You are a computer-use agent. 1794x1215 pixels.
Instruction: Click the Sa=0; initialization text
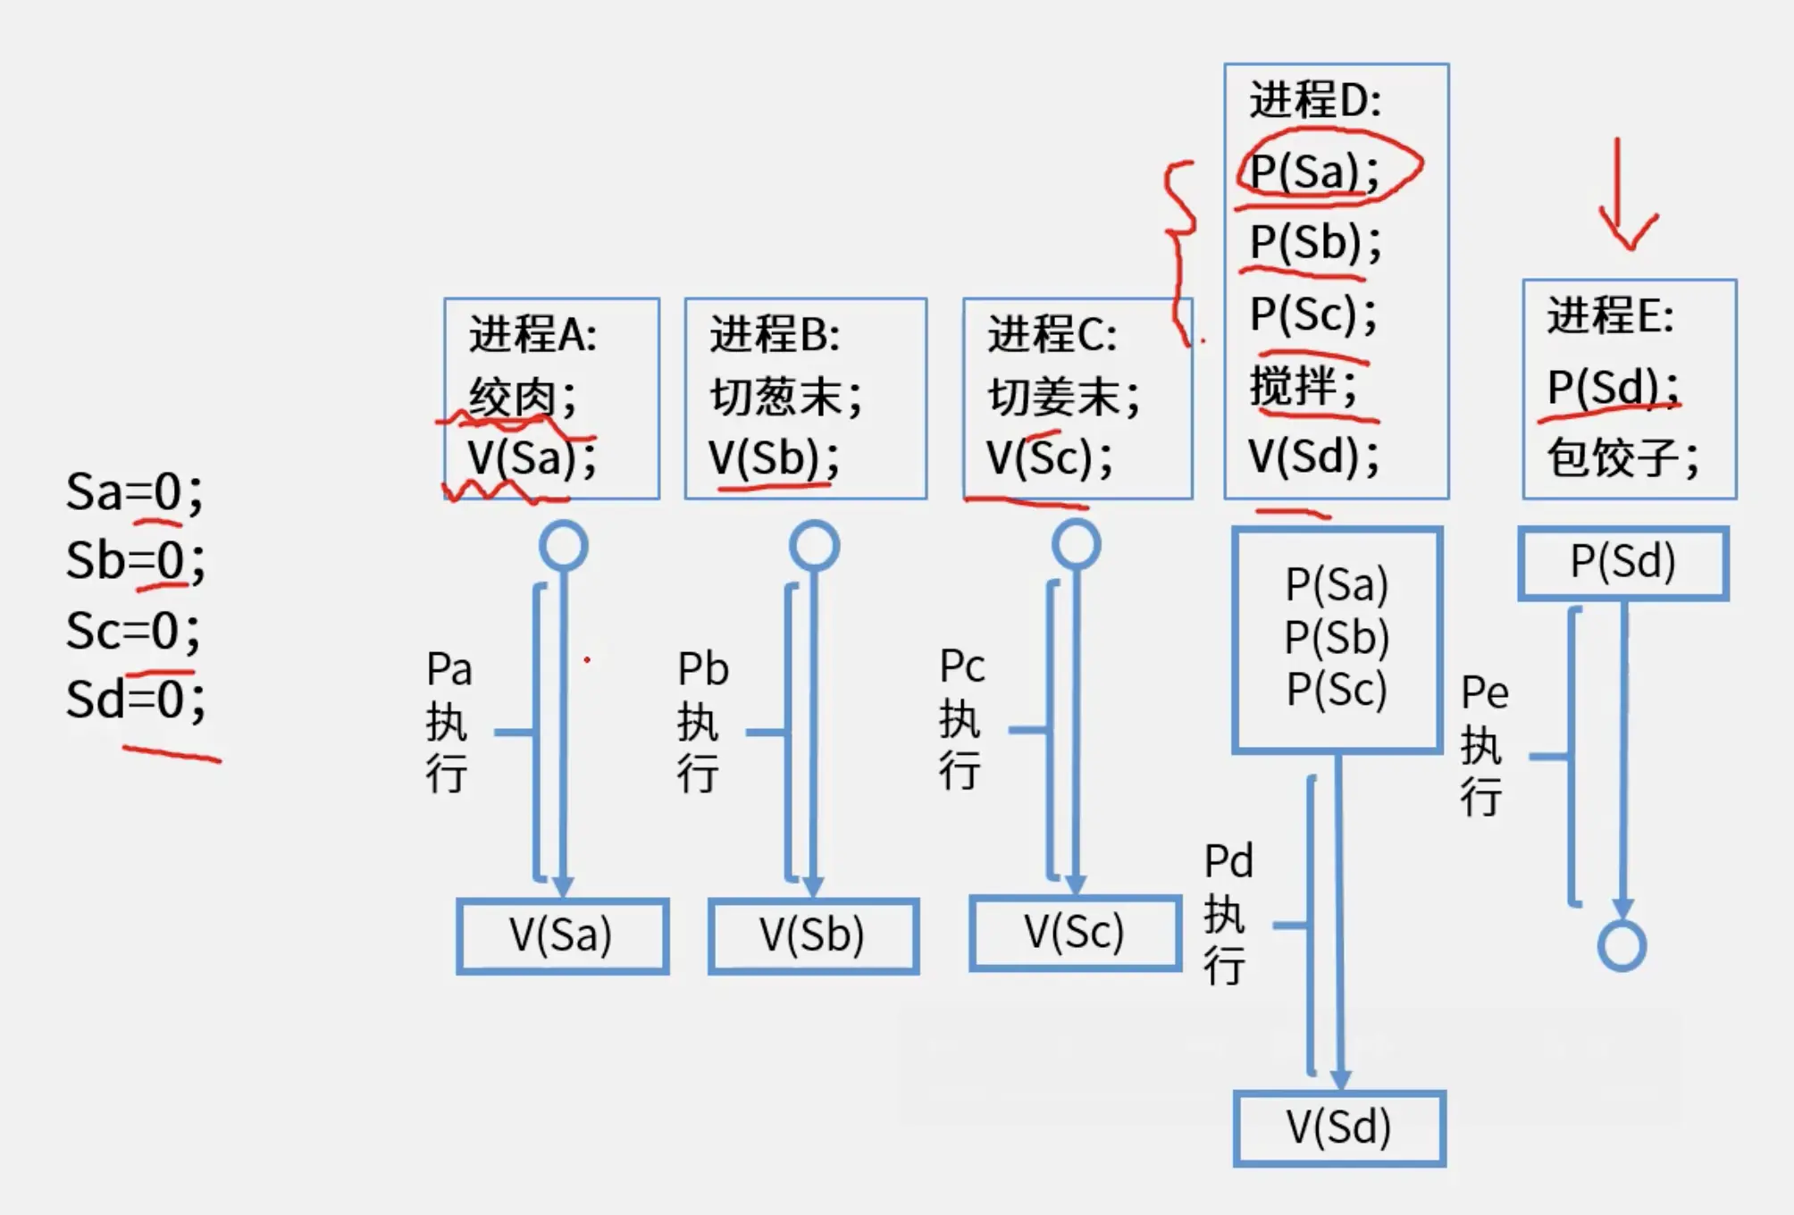(134, 491)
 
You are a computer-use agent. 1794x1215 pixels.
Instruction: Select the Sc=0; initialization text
(132, 630)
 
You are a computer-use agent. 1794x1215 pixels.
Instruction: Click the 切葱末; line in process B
(786, 396)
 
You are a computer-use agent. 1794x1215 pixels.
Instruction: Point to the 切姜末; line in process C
(1064, 396)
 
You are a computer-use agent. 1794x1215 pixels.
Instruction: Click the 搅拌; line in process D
(1304, 387)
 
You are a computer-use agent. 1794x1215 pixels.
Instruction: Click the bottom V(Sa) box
(562, 935)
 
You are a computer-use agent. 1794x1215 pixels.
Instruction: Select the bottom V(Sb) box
(813, 935)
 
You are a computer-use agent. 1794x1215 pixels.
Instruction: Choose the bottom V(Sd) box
(1339, 1127)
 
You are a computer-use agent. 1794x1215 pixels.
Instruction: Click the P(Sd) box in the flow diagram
(1622, 562)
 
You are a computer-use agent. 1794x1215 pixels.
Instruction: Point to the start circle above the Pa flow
(564, 546)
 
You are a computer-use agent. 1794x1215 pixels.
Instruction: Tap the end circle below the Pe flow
(1622, 945)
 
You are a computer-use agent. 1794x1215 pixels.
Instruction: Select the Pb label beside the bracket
(703, 669)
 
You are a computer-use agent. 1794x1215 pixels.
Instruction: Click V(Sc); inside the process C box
(1050, 457)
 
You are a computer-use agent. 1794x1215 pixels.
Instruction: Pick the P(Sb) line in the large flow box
(1337, 637)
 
